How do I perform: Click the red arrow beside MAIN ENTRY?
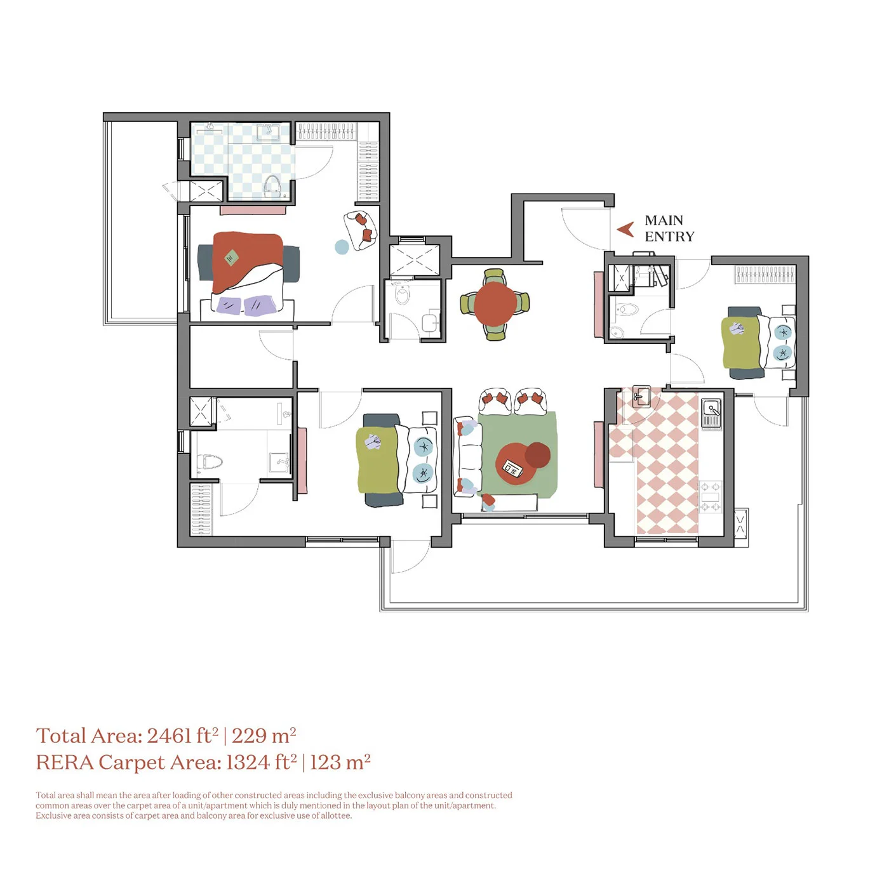click(625, 229)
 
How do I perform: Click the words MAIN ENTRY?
click(669, 228)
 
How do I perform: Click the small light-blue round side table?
click(342, 247)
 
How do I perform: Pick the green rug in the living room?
click(518, 454)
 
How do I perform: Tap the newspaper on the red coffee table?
click(512, 468)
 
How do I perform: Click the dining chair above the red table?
click(494, 275)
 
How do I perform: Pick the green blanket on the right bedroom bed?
click(741, 342)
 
